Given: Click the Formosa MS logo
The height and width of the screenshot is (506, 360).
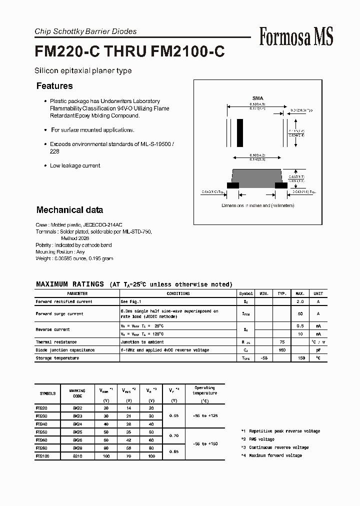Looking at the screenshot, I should pos(296,36).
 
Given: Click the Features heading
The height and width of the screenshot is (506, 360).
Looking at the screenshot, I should pos(54,86).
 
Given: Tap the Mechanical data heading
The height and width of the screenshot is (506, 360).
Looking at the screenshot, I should pos(69,210).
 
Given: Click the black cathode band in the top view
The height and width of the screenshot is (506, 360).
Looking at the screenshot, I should pos(240,132).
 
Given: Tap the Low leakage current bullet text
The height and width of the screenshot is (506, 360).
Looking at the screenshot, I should pos(75,165).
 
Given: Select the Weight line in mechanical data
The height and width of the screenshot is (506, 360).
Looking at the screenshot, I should pos(74,258).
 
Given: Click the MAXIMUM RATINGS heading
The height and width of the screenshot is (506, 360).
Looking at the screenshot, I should pos(70,284).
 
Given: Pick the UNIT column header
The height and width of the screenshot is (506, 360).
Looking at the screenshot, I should pos(318,294).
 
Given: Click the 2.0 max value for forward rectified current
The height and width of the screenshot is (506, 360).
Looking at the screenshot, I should pos(300,302).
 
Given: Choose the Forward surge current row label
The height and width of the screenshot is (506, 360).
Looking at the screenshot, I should pos(59,314).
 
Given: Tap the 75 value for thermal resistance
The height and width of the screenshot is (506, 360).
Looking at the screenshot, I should pos(282,342).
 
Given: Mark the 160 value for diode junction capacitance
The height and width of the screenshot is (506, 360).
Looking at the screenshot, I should pos(282,350).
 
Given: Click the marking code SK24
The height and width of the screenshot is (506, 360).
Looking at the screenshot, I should pos(77,423).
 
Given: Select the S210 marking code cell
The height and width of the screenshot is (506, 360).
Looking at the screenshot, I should pos(77,456).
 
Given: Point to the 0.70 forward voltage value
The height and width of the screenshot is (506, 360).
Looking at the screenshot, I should pos(173,436).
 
